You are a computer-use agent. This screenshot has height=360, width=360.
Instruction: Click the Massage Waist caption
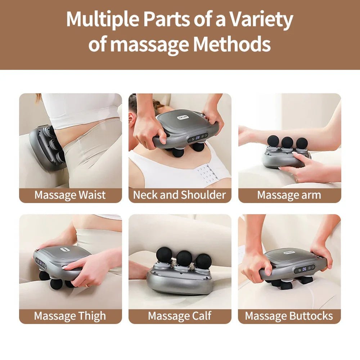pyautogui.click(x=70, y=195)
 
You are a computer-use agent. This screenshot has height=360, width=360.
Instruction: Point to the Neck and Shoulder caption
pyautogui.click(x=180, y=195)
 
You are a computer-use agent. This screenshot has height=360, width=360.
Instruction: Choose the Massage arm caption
pyautogui.click(x=289, y=195)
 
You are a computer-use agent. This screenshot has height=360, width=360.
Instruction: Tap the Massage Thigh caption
pyautogui.click(x=70, y=316)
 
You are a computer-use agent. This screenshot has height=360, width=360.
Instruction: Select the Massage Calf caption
pyautogui.click(x=180, y=316)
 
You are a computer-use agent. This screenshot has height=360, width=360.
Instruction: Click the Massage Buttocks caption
pyautogui.click(x=289, y=316)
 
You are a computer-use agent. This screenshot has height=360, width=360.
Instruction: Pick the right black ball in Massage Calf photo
pyautogui.click(x=203, y=261)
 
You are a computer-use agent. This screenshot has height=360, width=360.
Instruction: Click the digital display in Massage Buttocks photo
pyautogui.click(x=304, y=269)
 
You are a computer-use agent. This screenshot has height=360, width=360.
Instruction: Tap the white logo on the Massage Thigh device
pyautogui.click(x=66, y=249)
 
